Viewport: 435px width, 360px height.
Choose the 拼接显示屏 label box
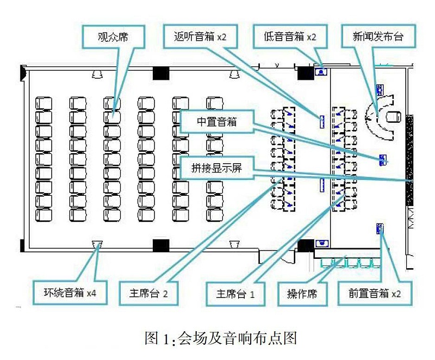tap(216, 168)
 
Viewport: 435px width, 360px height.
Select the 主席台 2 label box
tap(147, 293)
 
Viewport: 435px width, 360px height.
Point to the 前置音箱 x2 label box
tap(375, 293)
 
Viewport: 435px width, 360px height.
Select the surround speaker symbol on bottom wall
tap(98, 244)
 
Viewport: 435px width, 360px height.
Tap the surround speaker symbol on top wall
tap(98, 74)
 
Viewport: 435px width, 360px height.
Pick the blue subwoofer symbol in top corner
tap(321, 70)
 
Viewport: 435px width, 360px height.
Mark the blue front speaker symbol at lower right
tap(380, 228)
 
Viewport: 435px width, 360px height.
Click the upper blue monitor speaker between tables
tap(321, 121)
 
